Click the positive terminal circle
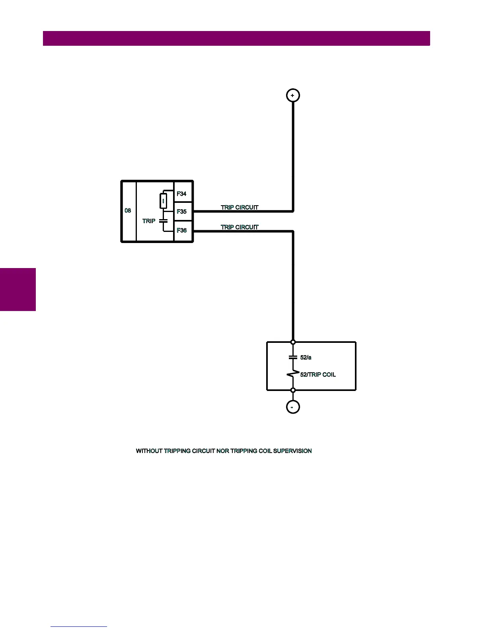pyautogui.click(x=293, y=95)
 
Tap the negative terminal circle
pyautogui.click(x=293, y=407)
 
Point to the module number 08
pyautogui.click(x=128, y=210)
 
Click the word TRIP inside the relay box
pyautogui.click(x=149, y=221)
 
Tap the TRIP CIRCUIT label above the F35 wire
pyautogui.click(x=240, y=207)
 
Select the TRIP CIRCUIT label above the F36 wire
pyautogui.click(x=240, y=227)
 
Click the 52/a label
pyautogui.click(x=306, y=358)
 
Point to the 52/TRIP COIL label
pyautogui.click(x=318, y=375)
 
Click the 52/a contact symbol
pyautogui.click(x=293, y=358)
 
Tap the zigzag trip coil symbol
pyautogui.click(x=293, y=374)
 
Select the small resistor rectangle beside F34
pyautogui.click(x=163, y=201)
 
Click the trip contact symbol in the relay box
pyautogui.click(x=163, y=220)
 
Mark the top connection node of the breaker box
pyautogui.click(x=293, y=342)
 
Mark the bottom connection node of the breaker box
pyautogui.click(x=293, y=390)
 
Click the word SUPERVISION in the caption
pyautogui.click(x=292, y=451)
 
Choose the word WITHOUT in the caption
pyautogui.click(x=149, y=451)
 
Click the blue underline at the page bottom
pyautogui.click(x=79, y=626)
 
